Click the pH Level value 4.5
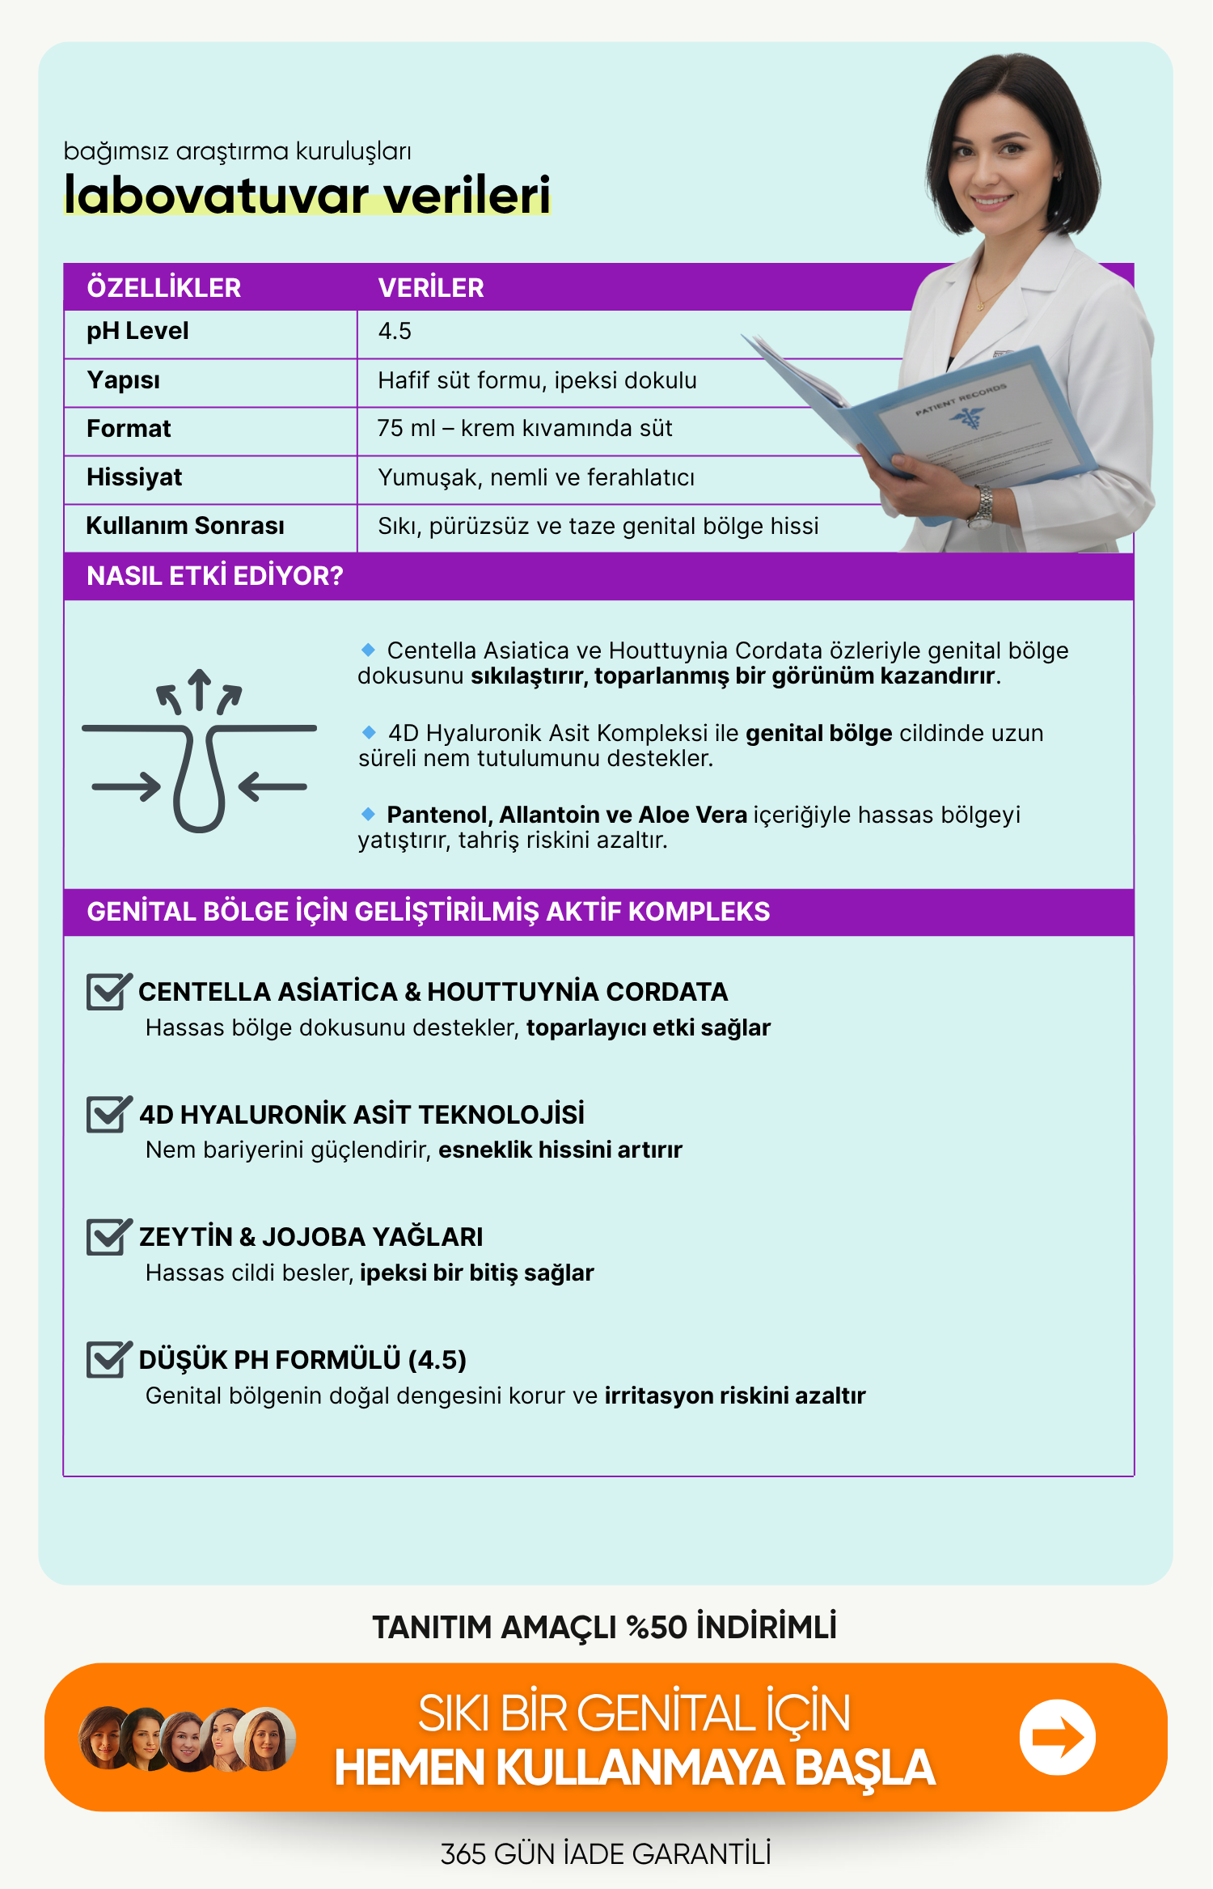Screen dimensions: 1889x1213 click(x=395, y=332)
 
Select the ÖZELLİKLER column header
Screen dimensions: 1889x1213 click(x=163, y=288)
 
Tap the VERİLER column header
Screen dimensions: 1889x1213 click(x=431, y=288)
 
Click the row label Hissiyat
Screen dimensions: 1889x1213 click(x=134, y=477)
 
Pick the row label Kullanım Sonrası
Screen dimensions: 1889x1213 click(x=185, y=526)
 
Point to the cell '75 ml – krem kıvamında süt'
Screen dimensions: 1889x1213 click(x=525, y=429)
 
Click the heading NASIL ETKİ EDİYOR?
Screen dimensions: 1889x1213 click(x=215, y=576)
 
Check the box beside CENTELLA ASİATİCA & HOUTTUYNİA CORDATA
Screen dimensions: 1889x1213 click(x=107, y=992)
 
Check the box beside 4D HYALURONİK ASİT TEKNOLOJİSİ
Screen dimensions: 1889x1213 click(x=107, y=1114)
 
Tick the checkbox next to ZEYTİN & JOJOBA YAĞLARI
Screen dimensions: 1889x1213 click(x=107, y=1237)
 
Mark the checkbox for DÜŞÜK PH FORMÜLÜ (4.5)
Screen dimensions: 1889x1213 click(x=107, y=1360)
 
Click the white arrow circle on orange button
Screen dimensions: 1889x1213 click(x=1057, y=1737)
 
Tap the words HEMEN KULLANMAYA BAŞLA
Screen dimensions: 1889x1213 click(x=635, y=1768)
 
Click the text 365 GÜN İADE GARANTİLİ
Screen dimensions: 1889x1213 click(x=606, y=1854)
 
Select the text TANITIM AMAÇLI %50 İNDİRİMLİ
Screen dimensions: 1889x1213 click(x=604, y=1627)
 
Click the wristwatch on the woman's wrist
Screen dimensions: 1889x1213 click(x=983, y=506)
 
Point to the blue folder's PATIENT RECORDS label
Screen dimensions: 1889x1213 click(x=961, y=399)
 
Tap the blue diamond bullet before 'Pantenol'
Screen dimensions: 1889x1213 click(x=369, y=814)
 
